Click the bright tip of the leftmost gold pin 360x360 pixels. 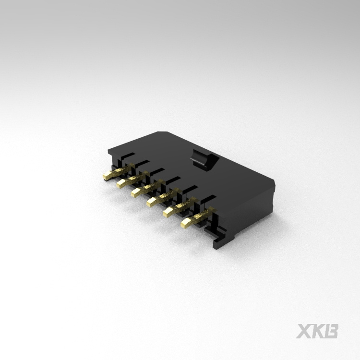tap(107, 176)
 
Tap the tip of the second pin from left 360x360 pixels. tap(120, 184)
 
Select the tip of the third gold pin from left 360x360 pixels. tap(135, 192)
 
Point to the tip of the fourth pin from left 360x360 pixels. tap(151, 202)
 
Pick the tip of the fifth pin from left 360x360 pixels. tap(167, 212)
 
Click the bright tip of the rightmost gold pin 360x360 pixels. tap(185, 223)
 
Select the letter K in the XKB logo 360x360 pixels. tap(317, 331)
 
